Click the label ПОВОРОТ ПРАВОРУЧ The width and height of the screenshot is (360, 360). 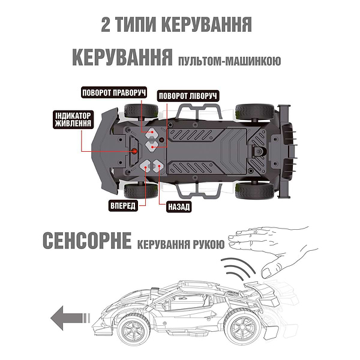click(115, 93)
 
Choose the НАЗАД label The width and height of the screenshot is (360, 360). click(178, 207)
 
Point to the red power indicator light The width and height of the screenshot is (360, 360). click(136, 151)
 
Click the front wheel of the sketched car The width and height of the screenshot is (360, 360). click(134, 328)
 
